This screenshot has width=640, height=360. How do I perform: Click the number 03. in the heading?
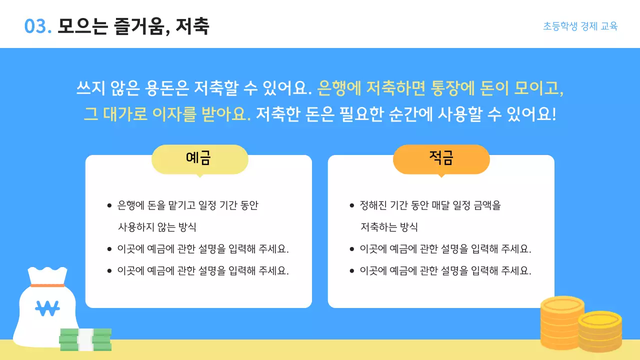38,26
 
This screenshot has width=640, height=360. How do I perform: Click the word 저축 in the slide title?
192,26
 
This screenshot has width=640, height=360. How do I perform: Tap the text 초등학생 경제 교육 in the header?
580,26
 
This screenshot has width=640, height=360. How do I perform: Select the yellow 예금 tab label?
199,159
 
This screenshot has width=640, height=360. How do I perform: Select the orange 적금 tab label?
441,159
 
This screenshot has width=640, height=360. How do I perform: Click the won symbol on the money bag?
47,308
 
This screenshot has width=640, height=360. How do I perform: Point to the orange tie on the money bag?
47,285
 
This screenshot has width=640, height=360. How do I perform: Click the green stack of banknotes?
85,339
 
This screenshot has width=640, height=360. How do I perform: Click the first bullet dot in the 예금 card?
109,205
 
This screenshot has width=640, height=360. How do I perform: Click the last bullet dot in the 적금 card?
351,271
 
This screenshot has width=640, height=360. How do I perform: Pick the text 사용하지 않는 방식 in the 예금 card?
157,227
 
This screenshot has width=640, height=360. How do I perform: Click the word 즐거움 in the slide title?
141,26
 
